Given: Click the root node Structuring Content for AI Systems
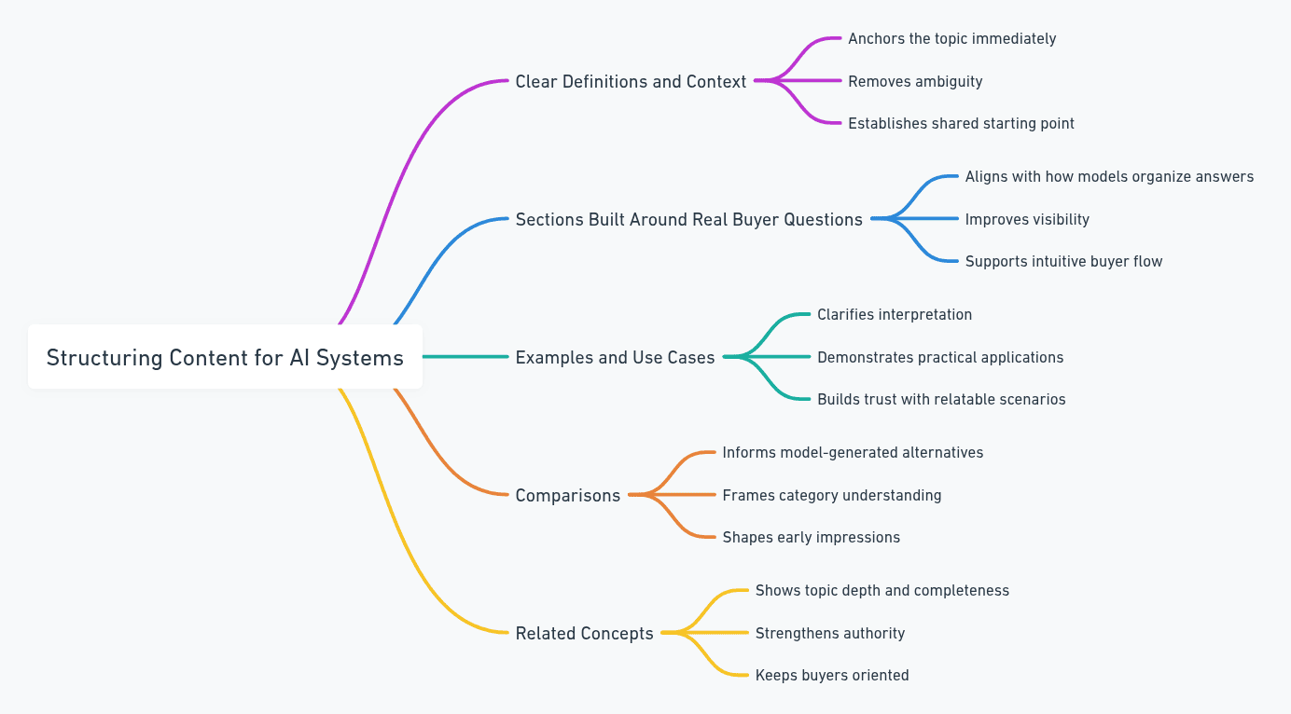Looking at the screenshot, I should point(225,357).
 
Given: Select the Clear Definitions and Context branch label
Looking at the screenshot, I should point(631,82).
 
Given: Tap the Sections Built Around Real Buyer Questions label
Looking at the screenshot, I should point(688,220).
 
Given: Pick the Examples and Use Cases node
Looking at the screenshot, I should point(615,357).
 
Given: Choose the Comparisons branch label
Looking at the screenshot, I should point(567,495).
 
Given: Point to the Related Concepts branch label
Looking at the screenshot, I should point(584,633).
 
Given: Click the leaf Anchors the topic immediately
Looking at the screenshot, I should point(951,39).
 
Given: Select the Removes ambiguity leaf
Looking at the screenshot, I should point(915,82).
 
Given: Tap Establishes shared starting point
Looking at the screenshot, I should point(961,124).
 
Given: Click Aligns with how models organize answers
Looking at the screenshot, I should point(1109,177).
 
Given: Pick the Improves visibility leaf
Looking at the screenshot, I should point(1027,220).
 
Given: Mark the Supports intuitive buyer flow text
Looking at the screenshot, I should point(1063,262).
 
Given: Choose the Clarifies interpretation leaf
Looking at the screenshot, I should point(895,315).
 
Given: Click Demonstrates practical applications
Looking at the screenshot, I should point(940,357).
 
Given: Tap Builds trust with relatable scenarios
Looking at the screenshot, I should point(941,400).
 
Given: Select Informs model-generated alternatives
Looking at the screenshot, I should point(853,453).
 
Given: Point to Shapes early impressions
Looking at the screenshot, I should point(811,538).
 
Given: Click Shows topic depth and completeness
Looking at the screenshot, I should point(881,591).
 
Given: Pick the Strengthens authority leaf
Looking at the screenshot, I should point(829,634).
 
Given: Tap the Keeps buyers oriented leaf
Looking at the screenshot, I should point(831,676).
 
